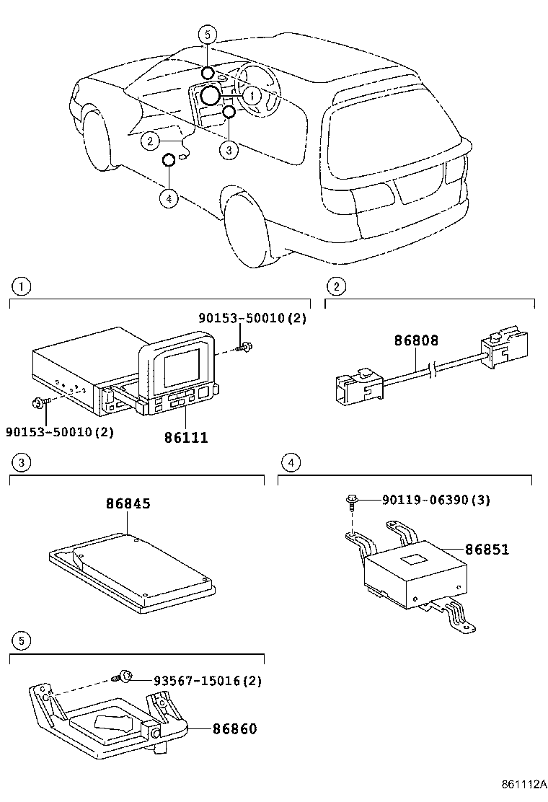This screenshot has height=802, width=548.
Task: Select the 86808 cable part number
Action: pos(415,340)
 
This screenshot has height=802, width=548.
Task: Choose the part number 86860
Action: pos(234,728)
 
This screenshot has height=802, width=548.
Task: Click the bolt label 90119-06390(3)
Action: pos(436,500)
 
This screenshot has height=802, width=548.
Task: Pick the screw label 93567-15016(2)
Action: pos(207,680)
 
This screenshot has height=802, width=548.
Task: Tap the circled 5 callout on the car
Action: pos(208,34)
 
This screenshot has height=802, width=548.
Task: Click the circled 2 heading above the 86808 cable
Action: pos(335,286)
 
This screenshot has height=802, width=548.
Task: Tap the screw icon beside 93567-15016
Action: pos(125,677)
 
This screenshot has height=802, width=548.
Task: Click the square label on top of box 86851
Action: pos(415,558)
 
